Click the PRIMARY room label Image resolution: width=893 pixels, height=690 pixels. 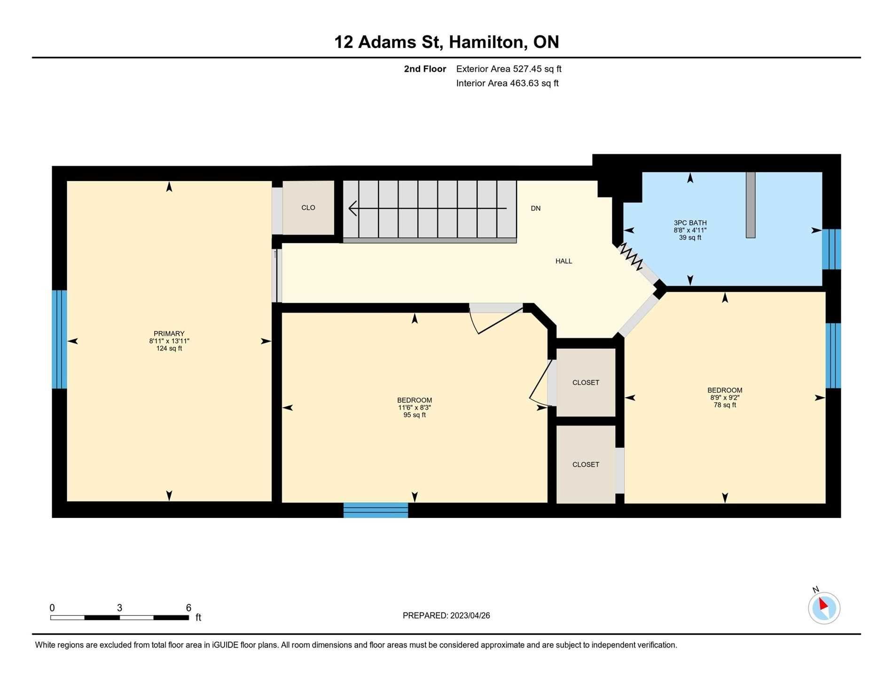pos(169,334)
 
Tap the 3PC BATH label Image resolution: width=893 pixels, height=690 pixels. pos(690,223)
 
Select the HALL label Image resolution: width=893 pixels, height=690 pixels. pos(564,261)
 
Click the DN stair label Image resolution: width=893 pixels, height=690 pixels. pos(535,208)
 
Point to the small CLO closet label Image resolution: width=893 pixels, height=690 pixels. pos(308,208)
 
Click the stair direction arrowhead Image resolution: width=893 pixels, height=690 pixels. pos(352,208)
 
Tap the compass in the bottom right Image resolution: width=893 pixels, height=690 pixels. pos(824,608)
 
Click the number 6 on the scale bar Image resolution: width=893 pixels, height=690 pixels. pos(188,608)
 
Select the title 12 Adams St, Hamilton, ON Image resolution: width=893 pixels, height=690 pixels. pos(446,42)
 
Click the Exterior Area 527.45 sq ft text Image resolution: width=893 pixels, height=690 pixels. pos(509,69)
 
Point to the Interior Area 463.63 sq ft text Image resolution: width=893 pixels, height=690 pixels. pos(507,84)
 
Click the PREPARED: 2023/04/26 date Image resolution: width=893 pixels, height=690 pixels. pos(446,616)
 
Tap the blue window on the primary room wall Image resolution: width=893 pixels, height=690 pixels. pos(59,339)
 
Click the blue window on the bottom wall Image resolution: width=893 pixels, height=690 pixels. pos(376,510)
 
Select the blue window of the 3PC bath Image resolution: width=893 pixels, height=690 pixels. pos(831,249)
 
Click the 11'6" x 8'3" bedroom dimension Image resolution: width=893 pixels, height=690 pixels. pos(415,408)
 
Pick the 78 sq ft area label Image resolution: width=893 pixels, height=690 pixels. pos(725,405)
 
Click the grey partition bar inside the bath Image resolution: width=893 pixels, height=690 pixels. pos(751,205)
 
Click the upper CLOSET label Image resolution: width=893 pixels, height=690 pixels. pos(586,383)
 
